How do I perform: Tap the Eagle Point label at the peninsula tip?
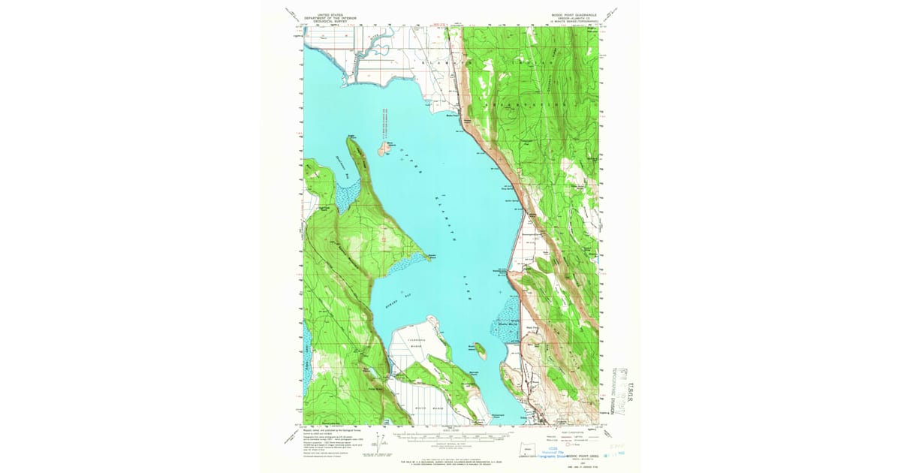coord(351,137)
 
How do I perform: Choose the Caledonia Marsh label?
coord(416,343)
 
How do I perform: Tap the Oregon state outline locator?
coord(529,450)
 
